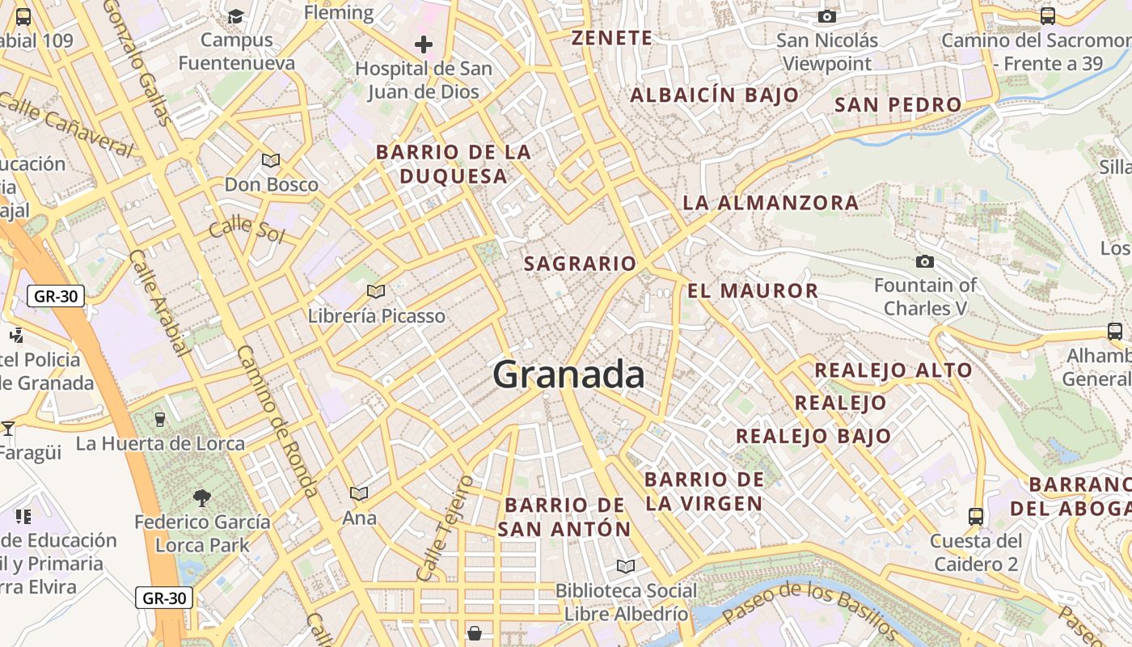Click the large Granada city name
(568, 374)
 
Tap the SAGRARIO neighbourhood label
(580, 264)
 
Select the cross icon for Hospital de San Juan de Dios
(423, 44)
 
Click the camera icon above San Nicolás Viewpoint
(826, 17)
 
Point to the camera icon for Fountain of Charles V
(924, 261)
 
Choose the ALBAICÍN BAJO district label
(714, 95)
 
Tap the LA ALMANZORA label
(771, 202)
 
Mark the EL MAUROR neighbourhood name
(753, 290)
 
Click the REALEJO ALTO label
(893, 370)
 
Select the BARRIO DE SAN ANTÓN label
(564, 518)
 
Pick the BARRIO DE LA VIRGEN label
(704, 491)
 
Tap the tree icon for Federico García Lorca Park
(202, 497)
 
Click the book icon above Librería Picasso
(375, 291)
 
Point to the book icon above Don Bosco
(271, 160)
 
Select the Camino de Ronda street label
(276, 421)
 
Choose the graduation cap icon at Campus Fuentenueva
(235, 16)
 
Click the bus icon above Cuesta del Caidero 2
(976, 516)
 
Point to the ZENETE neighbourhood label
(611, 38)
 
